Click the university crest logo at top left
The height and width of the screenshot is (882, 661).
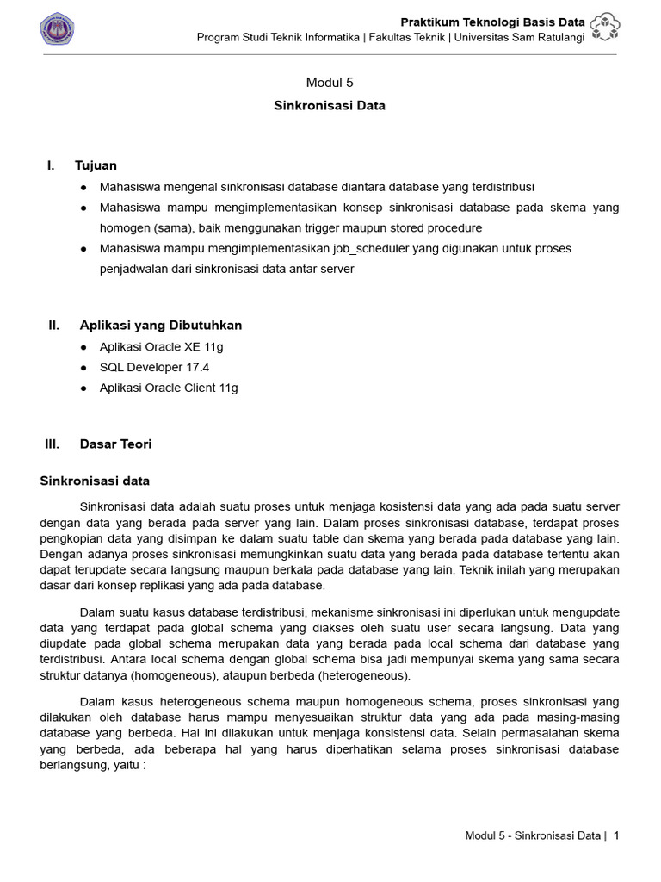tap(57, 29)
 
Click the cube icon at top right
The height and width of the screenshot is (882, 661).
tap(605, 28)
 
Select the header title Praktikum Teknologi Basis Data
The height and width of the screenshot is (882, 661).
tap(493, 22)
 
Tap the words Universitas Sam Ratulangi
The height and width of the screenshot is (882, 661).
tap(519, 37)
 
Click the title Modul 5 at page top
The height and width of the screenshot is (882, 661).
tap(330, 83)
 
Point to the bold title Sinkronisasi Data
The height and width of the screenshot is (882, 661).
tap(330, 106)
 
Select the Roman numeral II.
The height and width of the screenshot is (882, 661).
tap(53, 326)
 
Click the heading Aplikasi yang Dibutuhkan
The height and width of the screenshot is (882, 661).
tap(161, 326)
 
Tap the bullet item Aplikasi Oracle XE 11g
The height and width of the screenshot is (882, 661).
tap(161, 347)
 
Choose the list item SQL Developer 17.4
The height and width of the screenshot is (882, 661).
tap(154, 367)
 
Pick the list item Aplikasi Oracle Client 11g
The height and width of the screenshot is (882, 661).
tap(169, 388)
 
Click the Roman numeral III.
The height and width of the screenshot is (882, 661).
tap(53, 444)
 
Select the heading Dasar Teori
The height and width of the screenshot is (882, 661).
tap(115, 444)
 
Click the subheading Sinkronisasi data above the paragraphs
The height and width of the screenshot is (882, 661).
tap(95, 481)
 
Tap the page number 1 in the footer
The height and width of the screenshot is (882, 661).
tap(616, 835)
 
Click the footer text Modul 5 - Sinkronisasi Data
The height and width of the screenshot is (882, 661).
tap(532, 835)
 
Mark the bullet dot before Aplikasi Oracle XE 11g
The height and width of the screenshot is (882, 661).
tap(83, 347)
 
